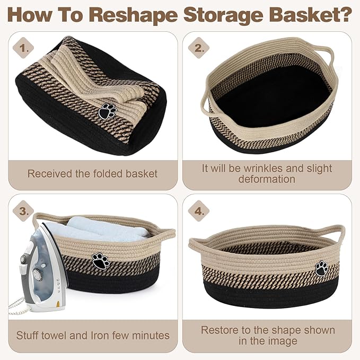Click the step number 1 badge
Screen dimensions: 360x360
tap(23, 48)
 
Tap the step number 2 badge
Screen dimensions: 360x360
tap(198, 48)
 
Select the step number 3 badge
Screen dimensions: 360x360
tap(23, 211)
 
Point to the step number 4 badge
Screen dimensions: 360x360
tap(198, 211)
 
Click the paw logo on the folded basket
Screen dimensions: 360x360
tap(108, 112)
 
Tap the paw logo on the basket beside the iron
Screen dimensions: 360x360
tap(100, 261)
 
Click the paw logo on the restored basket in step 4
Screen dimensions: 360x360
tap(321, 269)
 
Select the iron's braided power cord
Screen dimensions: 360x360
tap(16, 306)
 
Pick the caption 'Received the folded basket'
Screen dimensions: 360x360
tap(92, 173)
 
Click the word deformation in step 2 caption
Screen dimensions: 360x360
tap(267, 179)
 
